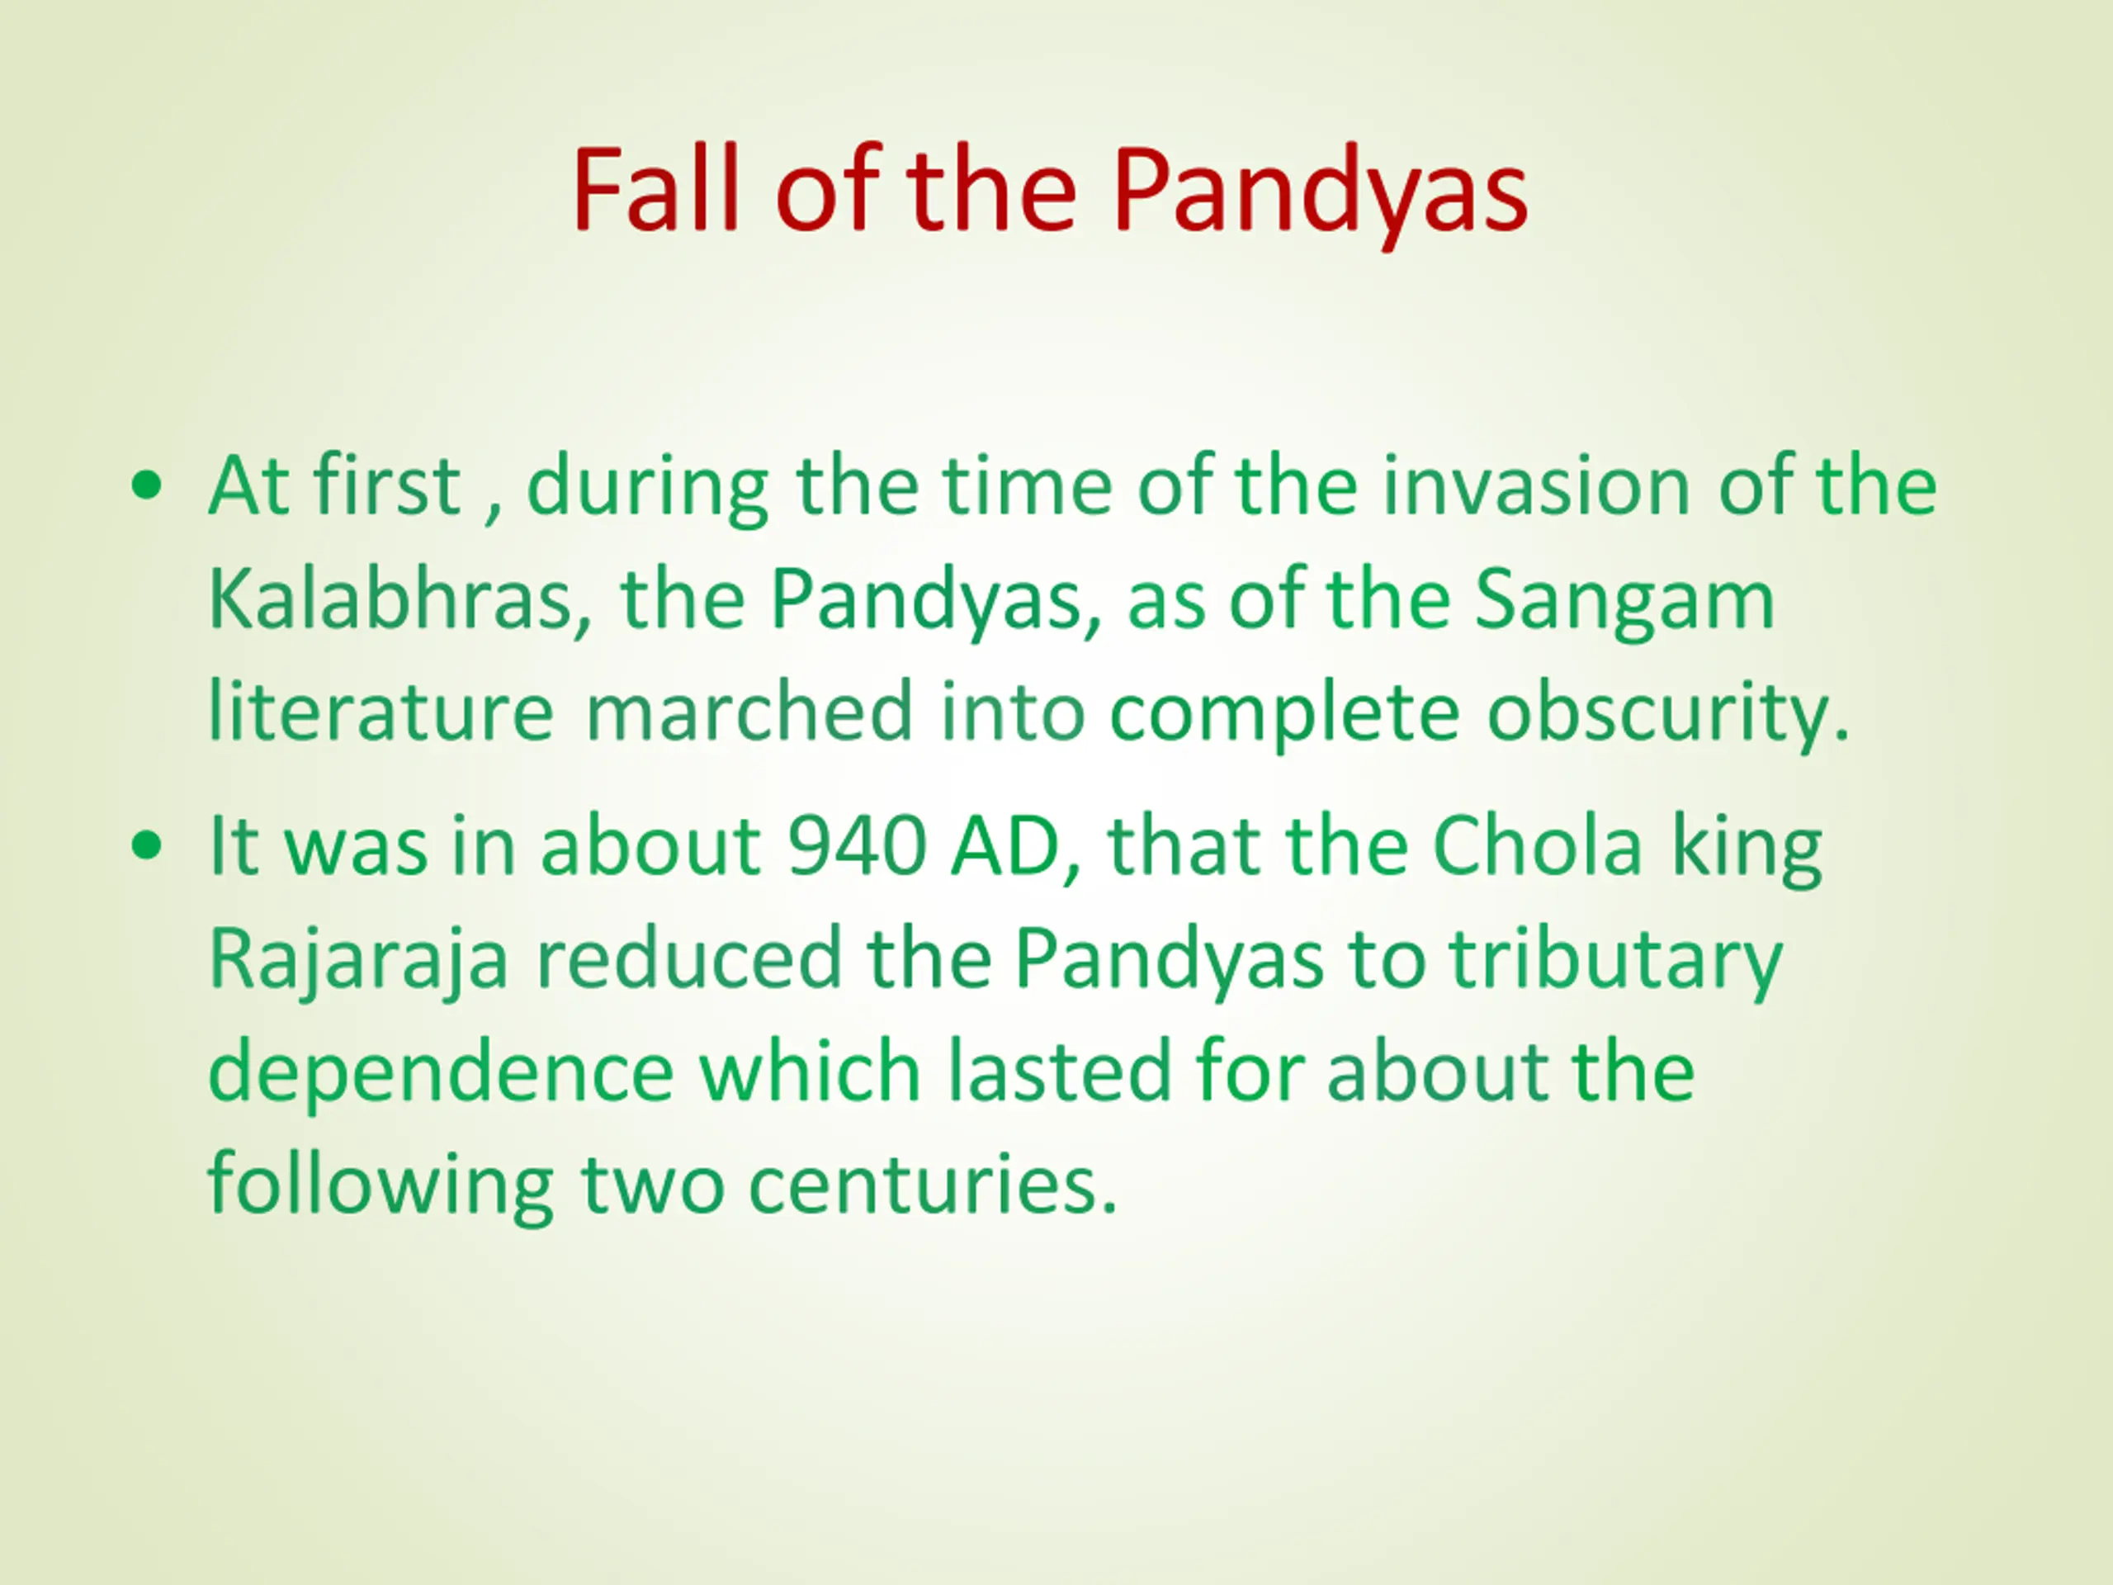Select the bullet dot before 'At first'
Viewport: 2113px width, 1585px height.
click(148, 486)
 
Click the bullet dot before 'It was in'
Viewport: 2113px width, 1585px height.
click(148, 846)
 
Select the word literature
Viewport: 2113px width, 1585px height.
click(381, 711)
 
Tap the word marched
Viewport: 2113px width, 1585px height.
click(749, 711)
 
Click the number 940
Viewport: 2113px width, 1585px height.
click(857, 846)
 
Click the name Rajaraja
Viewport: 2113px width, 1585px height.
click(358, 960)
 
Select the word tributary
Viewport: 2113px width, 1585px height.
click(1615, 960)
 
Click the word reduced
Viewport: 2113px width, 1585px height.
click(688, 958)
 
